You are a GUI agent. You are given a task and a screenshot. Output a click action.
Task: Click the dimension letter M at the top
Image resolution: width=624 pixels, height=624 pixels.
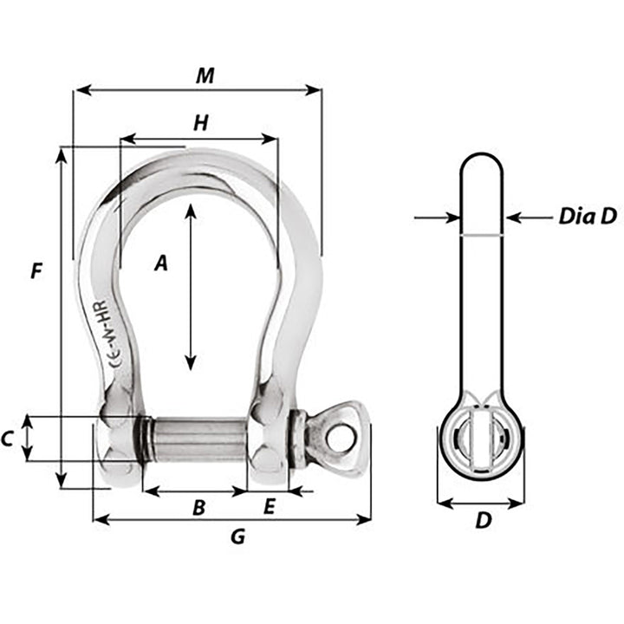click(205, 75)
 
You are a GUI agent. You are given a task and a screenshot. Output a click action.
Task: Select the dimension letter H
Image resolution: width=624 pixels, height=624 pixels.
click(200, 124)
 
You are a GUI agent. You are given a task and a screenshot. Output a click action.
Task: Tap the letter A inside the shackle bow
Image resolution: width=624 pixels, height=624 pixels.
click(160, 264)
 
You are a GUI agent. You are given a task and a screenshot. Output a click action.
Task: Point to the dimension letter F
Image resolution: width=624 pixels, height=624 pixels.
click(36, 271)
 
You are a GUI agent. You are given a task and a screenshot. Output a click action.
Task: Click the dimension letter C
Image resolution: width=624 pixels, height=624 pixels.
click(8, 439)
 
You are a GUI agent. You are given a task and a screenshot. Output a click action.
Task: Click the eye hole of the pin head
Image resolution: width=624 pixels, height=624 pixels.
click(344, 439)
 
